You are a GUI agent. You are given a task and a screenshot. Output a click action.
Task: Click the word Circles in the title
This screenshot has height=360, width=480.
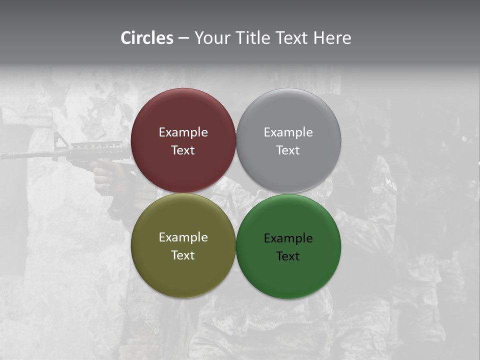pos(147,38)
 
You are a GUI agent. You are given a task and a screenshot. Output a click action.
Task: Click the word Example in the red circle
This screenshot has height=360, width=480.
pos(183,132)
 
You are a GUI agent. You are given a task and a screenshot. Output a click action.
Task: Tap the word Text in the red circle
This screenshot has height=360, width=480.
pos(183,150)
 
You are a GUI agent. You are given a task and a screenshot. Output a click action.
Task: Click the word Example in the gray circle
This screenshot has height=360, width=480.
pos(288,132)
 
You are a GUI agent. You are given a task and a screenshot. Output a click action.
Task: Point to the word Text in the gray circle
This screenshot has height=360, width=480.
pos(288,150)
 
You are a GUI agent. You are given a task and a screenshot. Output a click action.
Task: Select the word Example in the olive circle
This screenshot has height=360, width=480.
pos(183,237)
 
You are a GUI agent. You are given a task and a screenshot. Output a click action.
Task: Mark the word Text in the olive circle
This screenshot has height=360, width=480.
pos(183,255)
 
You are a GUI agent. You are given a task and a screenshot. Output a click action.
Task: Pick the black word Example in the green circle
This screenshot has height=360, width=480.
pos(288,238)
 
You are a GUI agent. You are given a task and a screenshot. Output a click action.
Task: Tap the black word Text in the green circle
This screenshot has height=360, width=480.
pos(288,256)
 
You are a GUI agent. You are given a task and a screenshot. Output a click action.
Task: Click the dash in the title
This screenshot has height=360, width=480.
pos(183,38)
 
